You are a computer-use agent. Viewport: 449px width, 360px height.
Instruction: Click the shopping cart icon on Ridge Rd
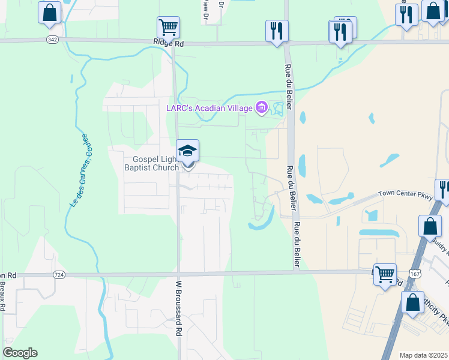[168, 27]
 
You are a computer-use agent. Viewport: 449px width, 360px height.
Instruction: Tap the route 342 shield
[53, 40]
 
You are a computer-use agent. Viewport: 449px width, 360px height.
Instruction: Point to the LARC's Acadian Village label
[209, 108]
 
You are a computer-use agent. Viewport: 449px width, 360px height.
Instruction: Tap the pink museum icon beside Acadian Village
[261, 108]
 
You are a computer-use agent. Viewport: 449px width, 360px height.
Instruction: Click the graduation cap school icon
[187, 151]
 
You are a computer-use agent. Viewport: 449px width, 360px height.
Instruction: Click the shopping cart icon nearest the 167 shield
[385, 274]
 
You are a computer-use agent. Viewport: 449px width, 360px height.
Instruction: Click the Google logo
[20, 353]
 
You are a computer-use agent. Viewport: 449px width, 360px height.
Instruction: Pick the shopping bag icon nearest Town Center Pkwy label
[430, 226]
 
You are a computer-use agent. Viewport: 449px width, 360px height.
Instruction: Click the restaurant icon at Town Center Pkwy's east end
[443, 189]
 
